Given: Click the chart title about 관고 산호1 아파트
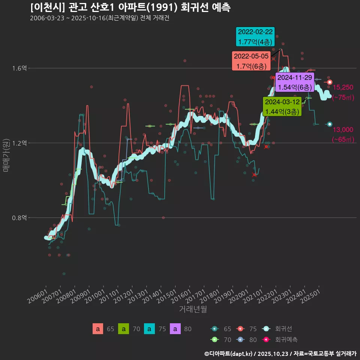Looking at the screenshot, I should coord(130,7).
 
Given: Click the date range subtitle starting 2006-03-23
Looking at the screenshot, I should coord(99,18).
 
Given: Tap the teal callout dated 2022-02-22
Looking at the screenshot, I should coord(255,37).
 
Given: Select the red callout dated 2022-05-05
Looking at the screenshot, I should coord(251,61).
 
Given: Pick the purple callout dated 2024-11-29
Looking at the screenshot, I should coord(294,82).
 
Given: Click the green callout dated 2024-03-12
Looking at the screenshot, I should coord(282,106).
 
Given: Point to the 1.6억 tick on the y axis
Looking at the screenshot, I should coord(20,68).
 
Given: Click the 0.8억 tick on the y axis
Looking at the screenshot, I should coord(20,218).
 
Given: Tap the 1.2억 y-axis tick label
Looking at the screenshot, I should coord(20,143).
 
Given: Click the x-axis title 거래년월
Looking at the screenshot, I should coord(193,309).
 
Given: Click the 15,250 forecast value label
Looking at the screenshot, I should coord(343,87).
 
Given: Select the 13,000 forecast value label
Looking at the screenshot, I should coord(343,130).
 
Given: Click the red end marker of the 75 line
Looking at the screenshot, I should coord(330,82).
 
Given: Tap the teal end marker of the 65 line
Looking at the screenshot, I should coord(330,124).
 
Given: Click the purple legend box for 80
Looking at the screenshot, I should coord(175,329).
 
